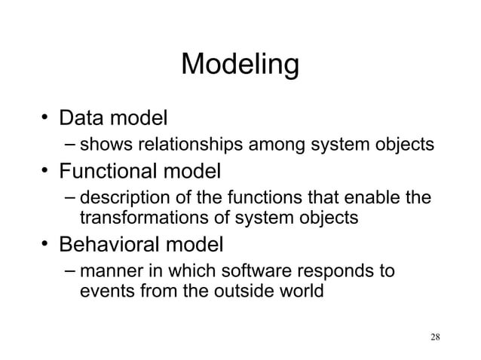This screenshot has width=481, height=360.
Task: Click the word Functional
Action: (x=109, y=171)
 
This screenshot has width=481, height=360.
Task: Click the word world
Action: (x=300, y=290)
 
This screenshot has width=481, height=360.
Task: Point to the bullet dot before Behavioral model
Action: (x=47, y=245)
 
